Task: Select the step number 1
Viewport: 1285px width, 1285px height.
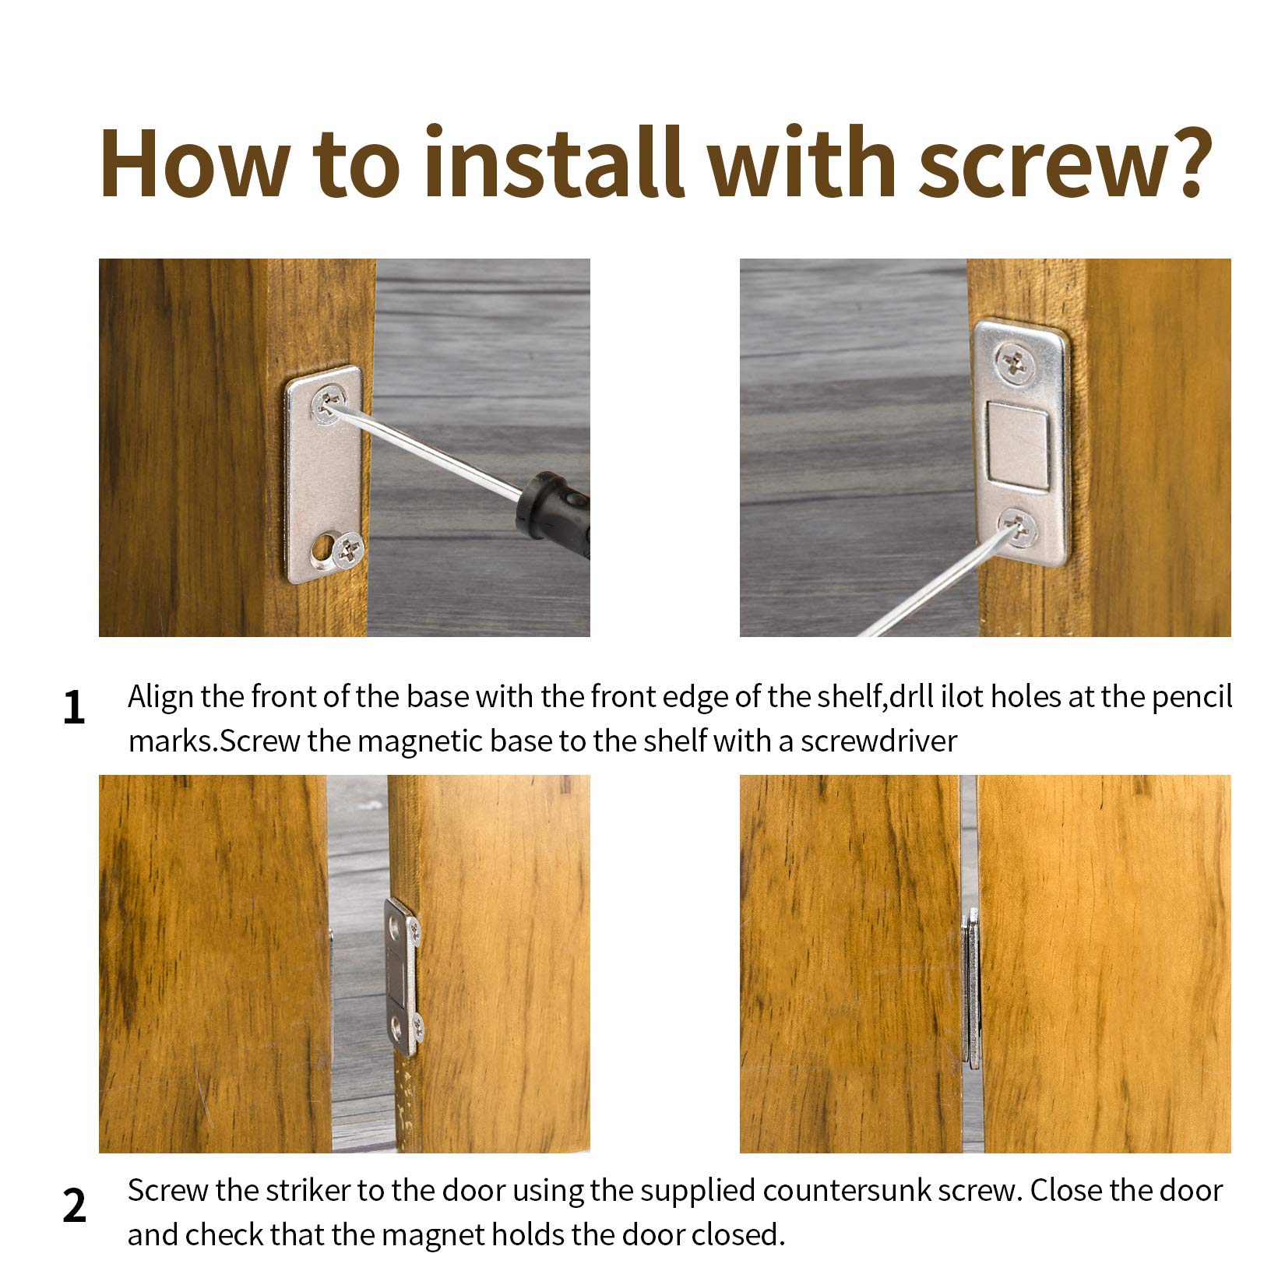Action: point(73,708)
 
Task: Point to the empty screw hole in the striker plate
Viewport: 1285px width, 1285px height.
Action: point(320,551)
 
